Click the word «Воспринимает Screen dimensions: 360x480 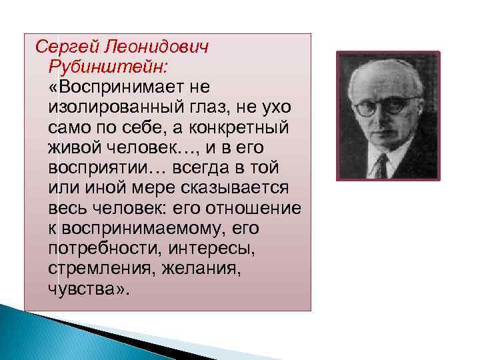(109, 87)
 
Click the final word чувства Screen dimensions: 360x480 (86, 289)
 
